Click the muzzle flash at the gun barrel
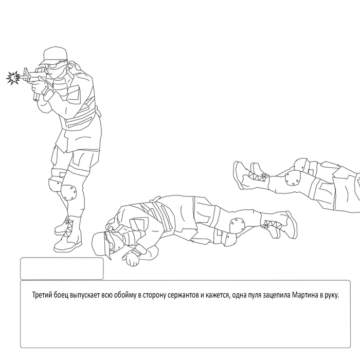click(x=13, y=78)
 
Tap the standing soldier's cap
click(x=53, y=56)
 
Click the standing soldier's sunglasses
click(x=55, y=66)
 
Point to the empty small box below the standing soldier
click(x=62, y=268)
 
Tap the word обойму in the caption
click(x=125, y=295)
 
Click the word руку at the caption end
click(x=332, y=295)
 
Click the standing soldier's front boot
click(x=68, y=237)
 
